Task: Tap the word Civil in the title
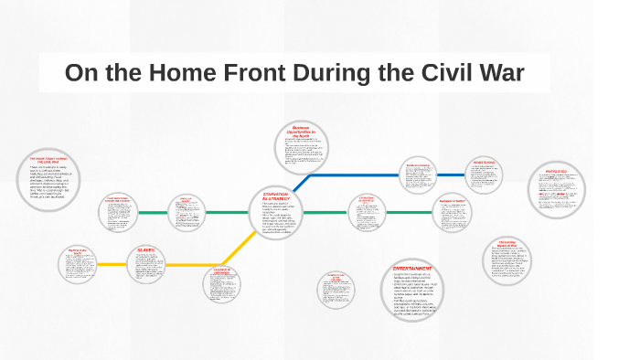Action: [422, 73]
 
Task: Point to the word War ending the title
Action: [501, 73]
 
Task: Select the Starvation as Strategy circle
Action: [276, 213]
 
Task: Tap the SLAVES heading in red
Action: [146, 249]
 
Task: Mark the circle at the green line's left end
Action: [122, 213]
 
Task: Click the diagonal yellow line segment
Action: [240, 245]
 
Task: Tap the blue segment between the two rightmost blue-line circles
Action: [450, 175]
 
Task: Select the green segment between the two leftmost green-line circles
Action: [154, 213]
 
